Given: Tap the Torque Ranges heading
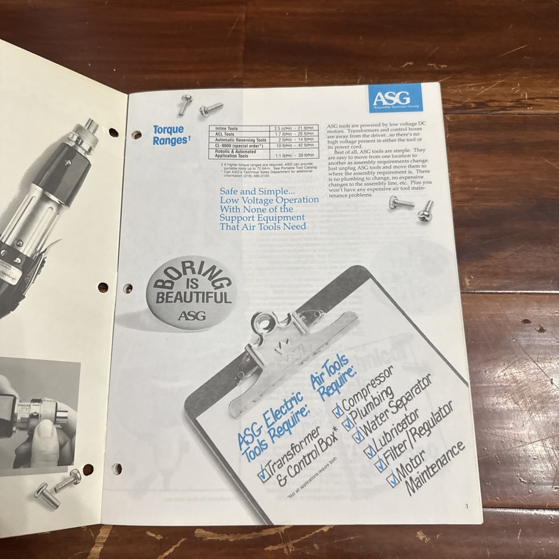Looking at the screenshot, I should [168, 135].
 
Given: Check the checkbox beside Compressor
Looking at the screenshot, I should [338, 412].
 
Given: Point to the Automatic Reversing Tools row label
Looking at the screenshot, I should [237, 140].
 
